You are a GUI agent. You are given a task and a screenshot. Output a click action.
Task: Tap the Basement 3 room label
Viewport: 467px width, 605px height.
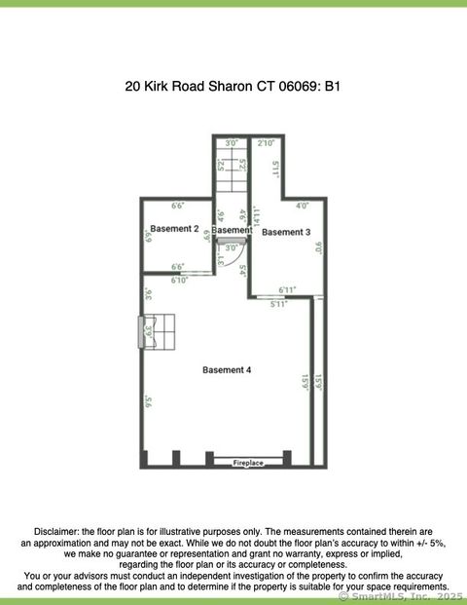pyautogui.click(x=286, y=232)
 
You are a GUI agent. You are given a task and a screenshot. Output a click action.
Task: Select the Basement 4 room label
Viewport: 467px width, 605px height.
pyautogui.click(x=227, y=369)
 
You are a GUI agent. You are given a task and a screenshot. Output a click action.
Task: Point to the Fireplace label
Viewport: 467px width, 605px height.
pyautogui.click(x=248, y=463)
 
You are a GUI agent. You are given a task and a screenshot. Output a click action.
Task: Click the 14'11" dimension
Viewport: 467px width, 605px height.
pyautogui.click(x=257, y=215)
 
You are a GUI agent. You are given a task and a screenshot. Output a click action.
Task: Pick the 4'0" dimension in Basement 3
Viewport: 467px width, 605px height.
pyautogui.click(x=303, y=206)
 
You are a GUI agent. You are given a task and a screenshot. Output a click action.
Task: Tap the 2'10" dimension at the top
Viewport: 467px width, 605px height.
pyautogui.click(x=265, y=143)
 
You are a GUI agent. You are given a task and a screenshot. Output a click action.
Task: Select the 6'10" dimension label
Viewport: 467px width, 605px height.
pyautogui.click(x=179, y=280)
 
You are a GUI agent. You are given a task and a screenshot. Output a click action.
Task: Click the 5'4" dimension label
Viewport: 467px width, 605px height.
pyautogui.click(x=241, y=270)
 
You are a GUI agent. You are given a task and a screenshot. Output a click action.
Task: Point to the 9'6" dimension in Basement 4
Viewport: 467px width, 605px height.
pyautogui.click(x=148, y=400)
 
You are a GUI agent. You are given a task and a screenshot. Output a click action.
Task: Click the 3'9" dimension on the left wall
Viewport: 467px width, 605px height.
pyautogui.click(x=148, y=332)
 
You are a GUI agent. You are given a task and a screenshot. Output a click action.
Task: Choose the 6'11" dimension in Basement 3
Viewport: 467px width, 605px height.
pyautogui.click(x=287, y=289)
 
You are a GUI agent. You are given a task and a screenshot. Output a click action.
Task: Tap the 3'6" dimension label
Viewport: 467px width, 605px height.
pyautogui.click(x=148, y=293)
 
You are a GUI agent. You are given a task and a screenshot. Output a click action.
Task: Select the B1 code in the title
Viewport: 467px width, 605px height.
pyautogui.click(x=333, y=86)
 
